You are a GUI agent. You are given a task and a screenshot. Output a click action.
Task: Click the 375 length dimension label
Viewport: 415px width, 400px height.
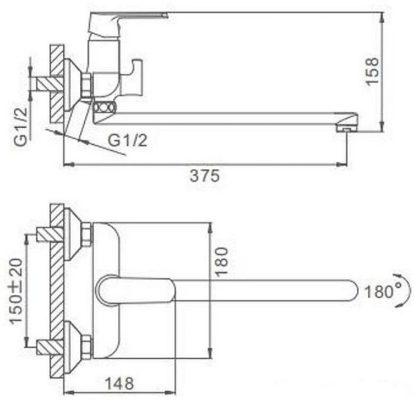point(205,176)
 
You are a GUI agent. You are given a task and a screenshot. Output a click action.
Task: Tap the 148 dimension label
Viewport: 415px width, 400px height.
point(119,383)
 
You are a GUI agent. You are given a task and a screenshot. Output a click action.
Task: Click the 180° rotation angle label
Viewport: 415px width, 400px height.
point(382,292)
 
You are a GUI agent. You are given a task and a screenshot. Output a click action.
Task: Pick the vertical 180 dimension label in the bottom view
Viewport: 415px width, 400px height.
point(221,262)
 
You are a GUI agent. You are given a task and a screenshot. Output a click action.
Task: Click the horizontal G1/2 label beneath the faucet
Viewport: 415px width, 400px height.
point(127,140)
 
